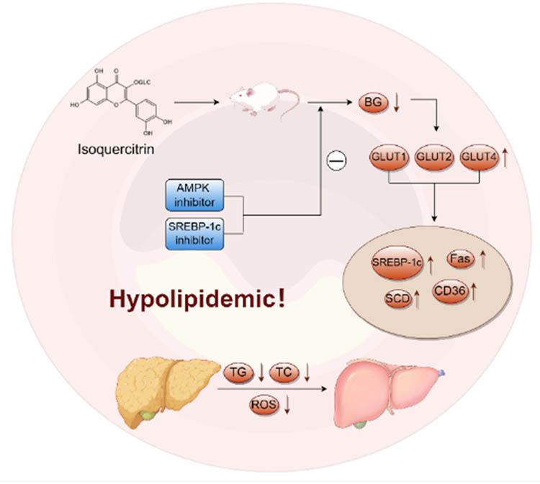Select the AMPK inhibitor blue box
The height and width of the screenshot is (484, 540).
pyautogui.click(x=194, y=195)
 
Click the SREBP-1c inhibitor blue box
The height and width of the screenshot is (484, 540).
pyautogui.click(x=194, y=233)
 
